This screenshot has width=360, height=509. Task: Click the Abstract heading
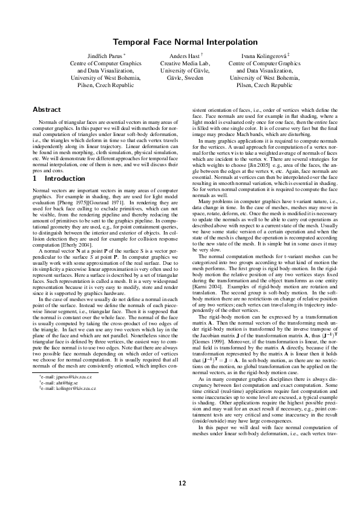pyautogui.click(x=47, y=109)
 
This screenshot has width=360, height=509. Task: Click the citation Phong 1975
pyautogui.click(x=74, y=185)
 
